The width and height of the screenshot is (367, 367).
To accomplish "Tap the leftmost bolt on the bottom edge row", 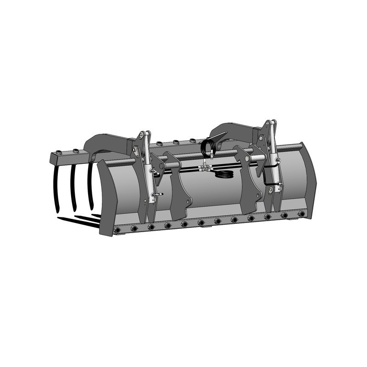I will (117, 230).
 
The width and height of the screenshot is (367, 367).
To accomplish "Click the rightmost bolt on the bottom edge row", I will (301, 214).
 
